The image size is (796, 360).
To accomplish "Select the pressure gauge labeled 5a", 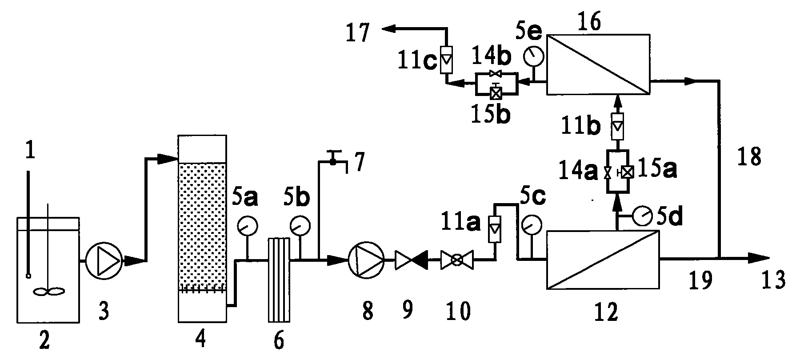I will [x=247, y=227].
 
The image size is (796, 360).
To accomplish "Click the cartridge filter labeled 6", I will [x=279, y=280].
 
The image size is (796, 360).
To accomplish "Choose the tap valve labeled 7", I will [x=332, y=159].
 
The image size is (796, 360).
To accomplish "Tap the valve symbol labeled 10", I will [x=456, y=260].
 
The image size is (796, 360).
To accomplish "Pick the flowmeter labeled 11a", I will [x=494, y=228].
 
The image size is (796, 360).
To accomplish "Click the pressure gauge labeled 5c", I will [x=531, y=225].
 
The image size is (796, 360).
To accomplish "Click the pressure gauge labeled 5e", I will [x=532, y=56].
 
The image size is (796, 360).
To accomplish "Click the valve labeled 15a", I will [x=628, y=172].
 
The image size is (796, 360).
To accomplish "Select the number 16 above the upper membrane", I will [x=589, y=21].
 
